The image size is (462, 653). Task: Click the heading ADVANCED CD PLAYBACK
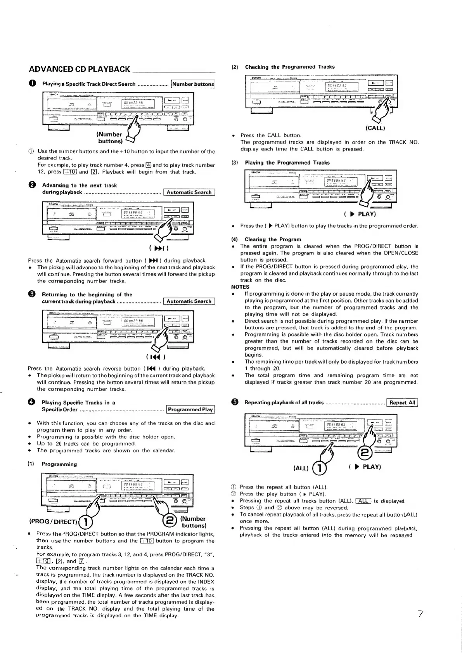pos(80,69)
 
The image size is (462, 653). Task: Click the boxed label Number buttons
pos(193,84)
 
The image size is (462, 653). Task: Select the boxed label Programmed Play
pos(190,409)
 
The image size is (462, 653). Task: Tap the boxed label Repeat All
pos(402,402)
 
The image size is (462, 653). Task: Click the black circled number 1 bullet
pos(32,84)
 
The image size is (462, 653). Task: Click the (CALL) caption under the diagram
pos(375,127)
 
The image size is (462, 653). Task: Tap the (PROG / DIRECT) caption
pos(54,521)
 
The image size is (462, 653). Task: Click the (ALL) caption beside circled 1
pos(301,468)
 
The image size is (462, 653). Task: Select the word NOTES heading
pos(240,287)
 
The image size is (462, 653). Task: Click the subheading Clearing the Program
pos(273,239)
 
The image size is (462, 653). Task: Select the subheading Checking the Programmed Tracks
pos(289,67)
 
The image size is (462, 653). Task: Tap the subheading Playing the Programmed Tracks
pos(287,163)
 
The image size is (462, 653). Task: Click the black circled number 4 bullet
pos(32,402)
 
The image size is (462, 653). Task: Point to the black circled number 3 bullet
pos(32,294)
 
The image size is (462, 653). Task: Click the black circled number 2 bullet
pos(32,185)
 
